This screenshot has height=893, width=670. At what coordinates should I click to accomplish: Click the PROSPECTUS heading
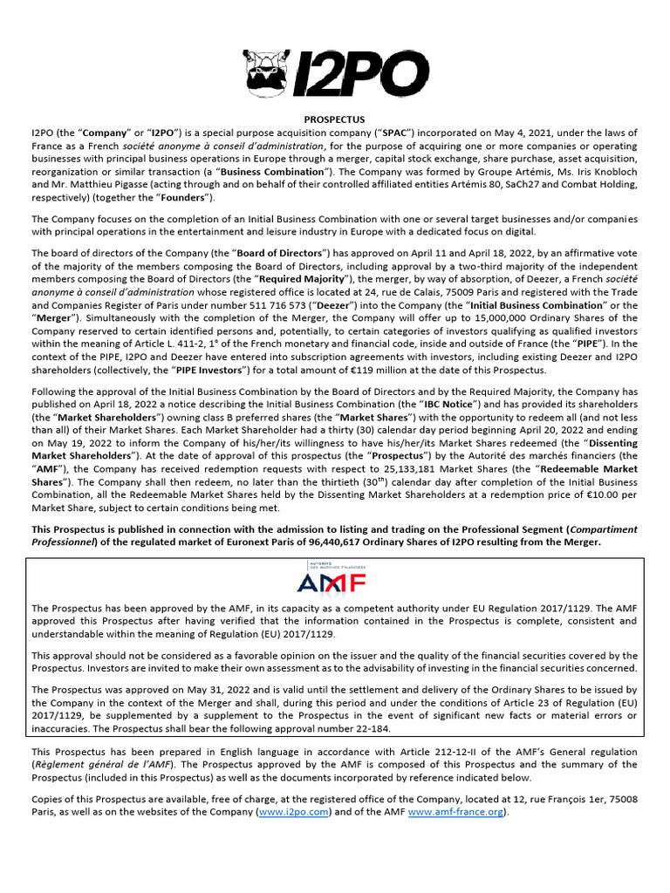click(x=334, y=119)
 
